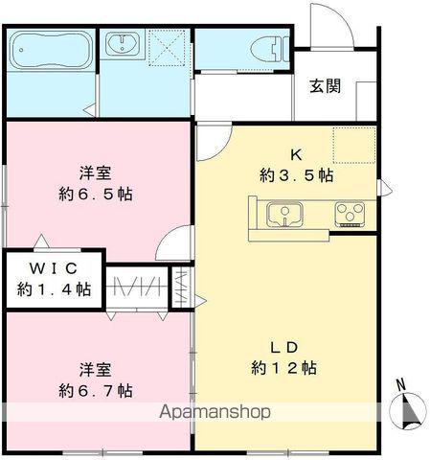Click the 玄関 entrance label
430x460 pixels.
pos(325,85)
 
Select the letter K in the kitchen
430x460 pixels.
pos(297,153)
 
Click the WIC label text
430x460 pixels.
pos(52,268)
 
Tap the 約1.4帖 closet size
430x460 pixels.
pos(54,288)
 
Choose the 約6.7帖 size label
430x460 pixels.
pos(95,390)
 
